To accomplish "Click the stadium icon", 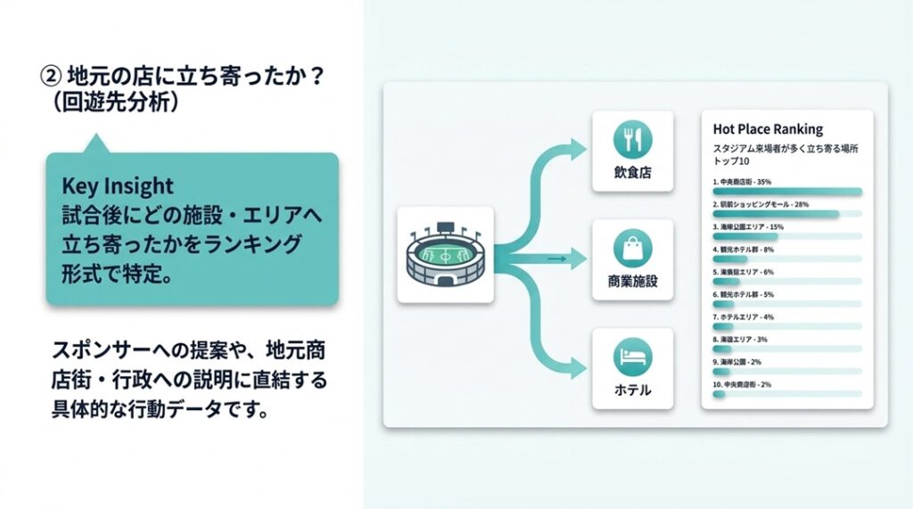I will tap(445, 254).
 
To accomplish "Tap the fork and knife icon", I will tap(632, 139).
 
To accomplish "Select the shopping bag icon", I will tap(632, 247).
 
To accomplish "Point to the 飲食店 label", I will tap(632, 173).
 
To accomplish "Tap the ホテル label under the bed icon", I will tap(632, 390).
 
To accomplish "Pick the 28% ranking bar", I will tap(776, 214).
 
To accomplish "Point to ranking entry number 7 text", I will tap(743, 316).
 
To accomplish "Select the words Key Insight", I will tap(118, 186).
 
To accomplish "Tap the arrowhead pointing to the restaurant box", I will tap(577, 144).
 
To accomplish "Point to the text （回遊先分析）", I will tap(117, 103).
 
